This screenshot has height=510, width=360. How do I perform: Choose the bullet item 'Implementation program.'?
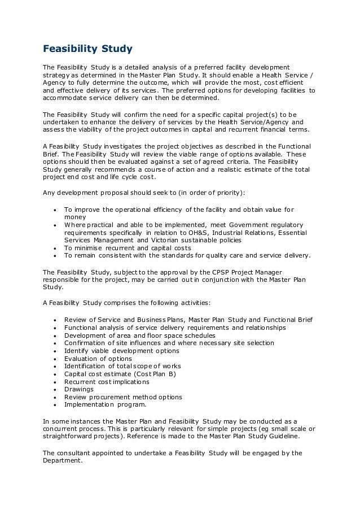click(105, 404)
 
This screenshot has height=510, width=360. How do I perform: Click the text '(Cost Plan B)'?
click(155, 374)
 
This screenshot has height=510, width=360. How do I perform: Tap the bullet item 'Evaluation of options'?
click(98, 359)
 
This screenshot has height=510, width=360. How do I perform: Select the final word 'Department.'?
click(63, 460)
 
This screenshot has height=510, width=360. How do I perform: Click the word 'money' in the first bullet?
click(75, 217)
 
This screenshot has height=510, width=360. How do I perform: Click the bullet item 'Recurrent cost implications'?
click(107, 382)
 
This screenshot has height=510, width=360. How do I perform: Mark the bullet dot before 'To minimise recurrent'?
click(54, 248)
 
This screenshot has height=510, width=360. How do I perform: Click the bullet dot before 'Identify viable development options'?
click(54, 351)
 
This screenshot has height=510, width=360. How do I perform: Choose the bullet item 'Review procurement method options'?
click(123, 397)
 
